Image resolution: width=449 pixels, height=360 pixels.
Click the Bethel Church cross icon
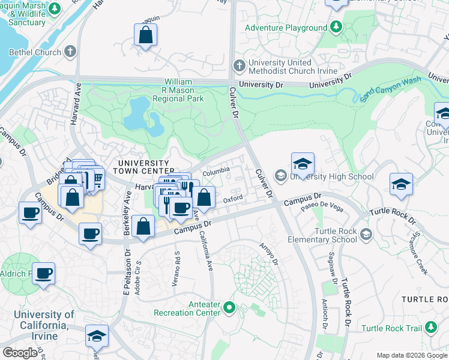point(70,52)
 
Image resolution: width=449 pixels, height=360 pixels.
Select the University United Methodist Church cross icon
point(239,64)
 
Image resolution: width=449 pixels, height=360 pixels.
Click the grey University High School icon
point(280,176)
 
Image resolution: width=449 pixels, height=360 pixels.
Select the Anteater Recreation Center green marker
point(228,308)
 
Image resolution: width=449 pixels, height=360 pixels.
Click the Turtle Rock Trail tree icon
point(430,328)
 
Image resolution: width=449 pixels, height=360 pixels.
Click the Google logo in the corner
point(20,352)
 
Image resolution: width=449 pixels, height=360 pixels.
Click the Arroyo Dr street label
point(268,254)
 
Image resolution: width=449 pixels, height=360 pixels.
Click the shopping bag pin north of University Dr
point(145,36)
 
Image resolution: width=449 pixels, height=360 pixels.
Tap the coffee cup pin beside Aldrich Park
point(44,274)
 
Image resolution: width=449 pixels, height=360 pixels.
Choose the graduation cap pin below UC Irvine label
point(97,337)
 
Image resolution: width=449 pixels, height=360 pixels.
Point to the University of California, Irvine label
point(44,325)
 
